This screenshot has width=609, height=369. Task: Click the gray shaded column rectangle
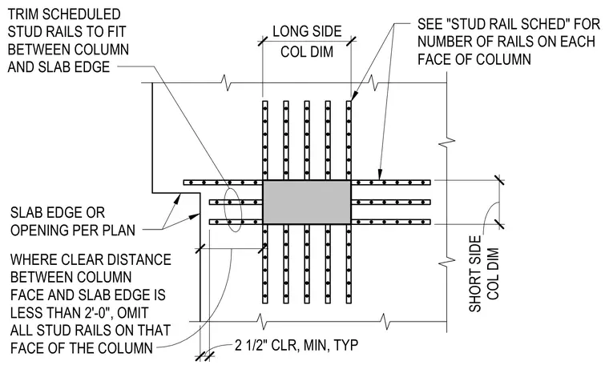click(307, 202)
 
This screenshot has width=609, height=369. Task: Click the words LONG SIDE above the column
click(307, 31)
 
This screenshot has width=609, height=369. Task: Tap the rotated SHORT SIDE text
click(475, 274)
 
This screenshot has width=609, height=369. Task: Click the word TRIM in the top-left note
click(23, 14)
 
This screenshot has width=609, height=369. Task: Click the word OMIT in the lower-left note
click(133, 313)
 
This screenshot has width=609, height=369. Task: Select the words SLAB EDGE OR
click(58, 213)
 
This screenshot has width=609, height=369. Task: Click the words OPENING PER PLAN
click(73, 230)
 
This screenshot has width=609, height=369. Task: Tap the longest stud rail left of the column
click(224, 182)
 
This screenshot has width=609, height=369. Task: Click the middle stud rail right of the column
click(391, 203)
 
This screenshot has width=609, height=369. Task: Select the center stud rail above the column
click(307, 140)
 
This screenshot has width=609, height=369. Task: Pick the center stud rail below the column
click(307, 263)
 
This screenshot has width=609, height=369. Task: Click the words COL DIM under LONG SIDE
click(307, 51)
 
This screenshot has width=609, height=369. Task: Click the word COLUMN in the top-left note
click(102, 50)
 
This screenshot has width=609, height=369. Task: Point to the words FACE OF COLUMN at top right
click(474, 59)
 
